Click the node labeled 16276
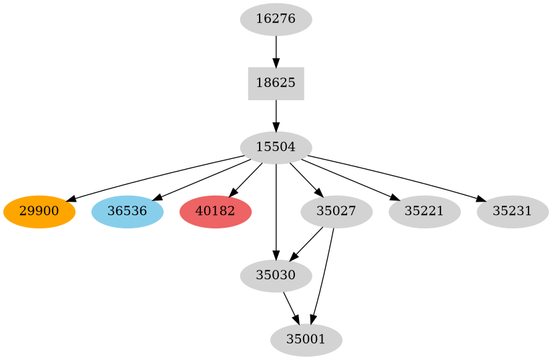pyautogui.click(x=276, y=19)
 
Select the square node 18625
pyautogui.click(x=276, y=83)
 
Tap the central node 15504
pyautogui.click(x=276, y=148)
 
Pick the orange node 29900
pyautogui.click(x=39, y=212)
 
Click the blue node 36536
pyautogui.click(x=127, y=212)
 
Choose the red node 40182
pyautogui.click(x=215, y=212)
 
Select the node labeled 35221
pyautogui.click(x=425, y=212)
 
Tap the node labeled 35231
pyautogui.click(x=513, y=212)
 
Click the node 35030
pyautogui.click(x=276, y=276)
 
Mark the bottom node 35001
pyautogui.click(x=306, y=340)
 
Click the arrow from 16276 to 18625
pyautogui.click(x=276, y=51)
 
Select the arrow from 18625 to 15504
pyautogui.click(x=276, y=116)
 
